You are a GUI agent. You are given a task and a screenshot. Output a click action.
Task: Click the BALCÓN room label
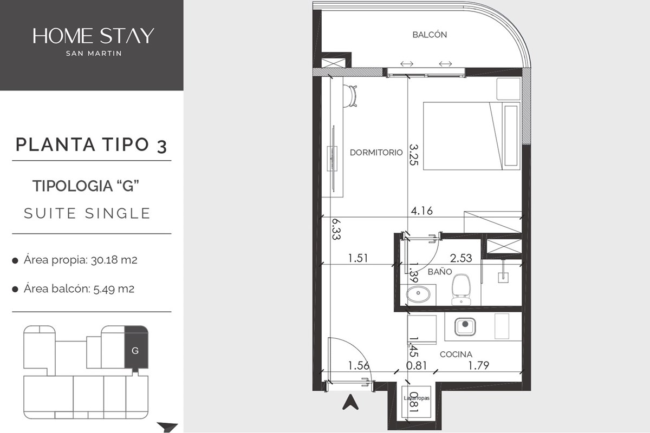pos(430,35)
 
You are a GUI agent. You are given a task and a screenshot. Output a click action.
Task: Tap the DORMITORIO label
pos(376,153)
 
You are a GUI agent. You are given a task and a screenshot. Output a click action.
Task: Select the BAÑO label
pos(440,272)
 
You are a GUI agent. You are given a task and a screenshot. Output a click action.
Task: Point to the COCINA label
pos(456,355)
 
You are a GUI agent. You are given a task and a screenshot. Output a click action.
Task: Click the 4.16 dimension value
pos(421,211)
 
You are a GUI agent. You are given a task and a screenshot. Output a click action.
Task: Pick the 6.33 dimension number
pos(336,229)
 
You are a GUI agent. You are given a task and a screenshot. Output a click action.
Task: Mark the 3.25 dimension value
pos(413,155)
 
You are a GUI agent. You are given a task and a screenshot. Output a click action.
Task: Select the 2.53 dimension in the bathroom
pos(461,258)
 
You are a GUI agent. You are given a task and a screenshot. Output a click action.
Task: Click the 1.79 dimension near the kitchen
pos(478,365)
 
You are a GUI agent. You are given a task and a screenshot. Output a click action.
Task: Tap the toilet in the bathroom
pos(461,290)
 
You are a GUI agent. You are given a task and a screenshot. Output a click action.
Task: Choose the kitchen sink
pos(465,326)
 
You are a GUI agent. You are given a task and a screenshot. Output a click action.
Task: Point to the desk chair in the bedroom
pos(350,96)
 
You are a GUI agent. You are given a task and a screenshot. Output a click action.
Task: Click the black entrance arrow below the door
pos(350,402)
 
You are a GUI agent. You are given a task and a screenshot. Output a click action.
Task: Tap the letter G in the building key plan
pos(135,351)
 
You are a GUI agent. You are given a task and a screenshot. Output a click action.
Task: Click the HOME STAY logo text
pos(93,36)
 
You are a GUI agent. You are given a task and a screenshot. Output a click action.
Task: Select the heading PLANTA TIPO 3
pos(92,145)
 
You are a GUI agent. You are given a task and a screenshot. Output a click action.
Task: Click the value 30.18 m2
pos(114,260)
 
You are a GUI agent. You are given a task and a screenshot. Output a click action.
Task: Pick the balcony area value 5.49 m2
pos(114,289)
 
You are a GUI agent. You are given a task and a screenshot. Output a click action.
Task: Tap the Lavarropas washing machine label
pos(417,398)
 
